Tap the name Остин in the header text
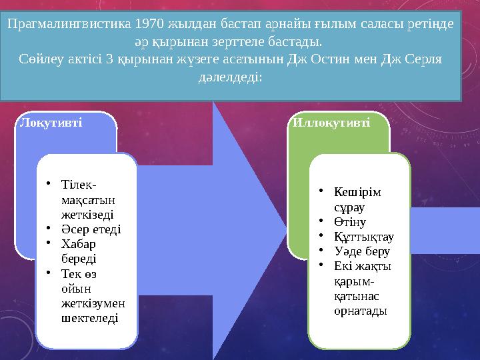click(x=330, y=59)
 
